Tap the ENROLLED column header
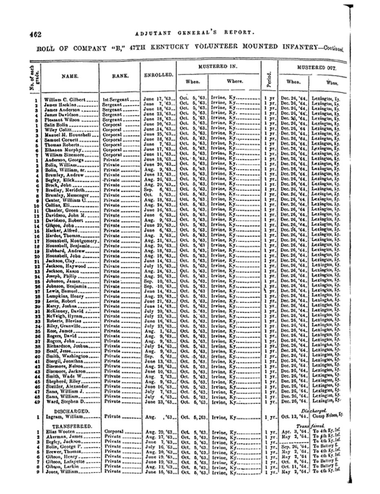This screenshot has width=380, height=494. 158,75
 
